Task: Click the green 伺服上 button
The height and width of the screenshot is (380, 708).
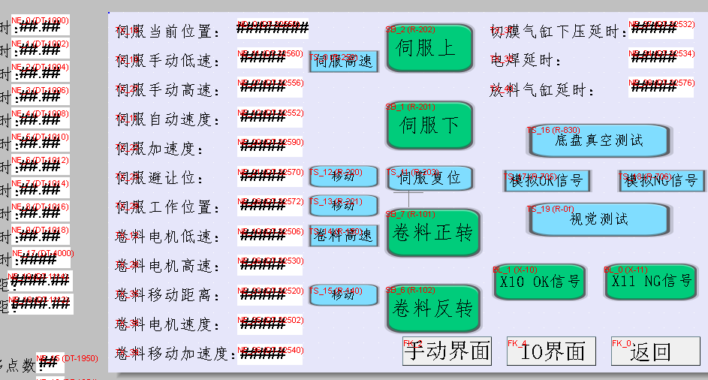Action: click(429, 48)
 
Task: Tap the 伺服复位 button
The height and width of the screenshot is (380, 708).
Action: click(429, 179)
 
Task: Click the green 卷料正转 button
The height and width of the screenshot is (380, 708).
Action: click(433, 232)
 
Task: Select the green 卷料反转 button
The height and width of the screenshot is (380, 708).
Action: click(433, 308)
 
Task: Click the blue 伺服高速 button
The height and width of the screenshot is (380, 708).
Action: click(344, 62)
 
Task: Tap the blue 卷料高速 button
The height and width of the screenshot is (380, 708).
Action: click(344, 235)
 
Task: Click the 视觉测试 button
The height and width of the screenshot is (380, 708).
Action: click(598, 219)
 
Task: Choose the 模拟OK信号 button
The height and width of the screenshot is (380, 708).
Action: click(547, 181)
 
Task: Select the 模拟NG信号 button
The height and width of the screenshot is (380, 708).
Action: click(661, 181)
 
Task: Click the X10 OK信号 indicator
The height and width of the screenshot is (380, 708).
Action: click(539, 282)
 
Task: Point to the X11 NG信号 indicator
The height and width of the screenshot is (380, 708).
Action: click(651, 282)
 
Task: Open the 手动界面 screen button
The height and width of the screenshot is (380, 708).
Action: click(447, 351)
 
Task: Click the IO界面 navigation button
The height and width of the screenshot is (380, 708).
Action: click(551, 351)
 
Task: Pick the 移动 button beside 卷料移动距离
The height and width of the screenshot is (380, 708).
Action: click(343, 294)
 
